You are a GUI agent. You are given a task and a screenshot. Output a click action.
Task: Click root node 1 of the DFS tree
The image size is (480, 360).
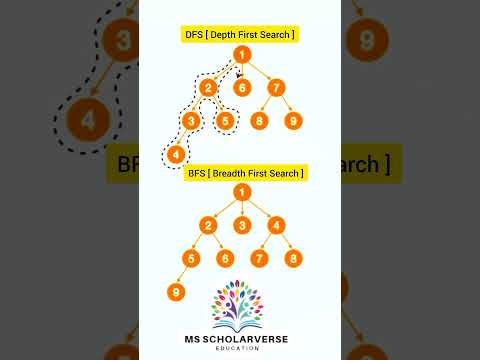(240, 55)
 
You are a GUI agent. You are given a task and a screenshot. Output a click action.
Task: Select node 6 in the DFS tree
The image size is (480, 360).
(240, 87)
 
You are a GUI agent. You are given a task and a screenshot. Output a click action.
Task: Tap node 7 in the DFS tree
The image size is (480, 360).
(276, 87)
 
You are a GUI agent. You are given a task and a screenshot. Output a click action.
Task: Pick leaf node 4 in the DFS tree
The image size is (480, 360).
(176, 155)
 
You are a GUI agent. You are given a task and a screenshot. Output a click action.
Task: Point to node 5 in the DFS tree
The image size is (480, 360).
(225, 121)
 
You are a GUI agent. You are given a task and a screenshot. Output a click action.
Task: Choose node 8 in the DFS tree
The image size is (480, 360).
(259, 121)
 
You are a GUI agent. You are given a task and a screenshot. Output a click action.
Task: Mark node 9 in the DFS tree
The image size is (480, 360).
(293, 121)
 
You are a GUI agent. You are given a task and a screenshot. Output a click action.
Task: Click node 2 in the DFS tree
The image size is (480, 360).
(208, 87)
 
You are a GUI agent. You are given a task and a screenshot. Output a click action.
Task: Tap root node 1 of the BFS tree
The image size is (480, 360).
(240, 192)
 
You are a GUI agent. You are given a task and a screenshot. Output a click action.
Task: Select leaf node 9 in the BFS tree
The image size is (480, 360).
(176, 293)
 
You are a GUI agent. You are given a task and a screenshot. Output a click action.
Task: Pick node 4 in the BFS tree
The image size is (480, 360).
(276, 225)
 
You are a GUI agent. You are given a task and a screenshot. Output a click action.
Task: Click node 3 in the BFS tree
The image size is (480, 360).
(240, 225)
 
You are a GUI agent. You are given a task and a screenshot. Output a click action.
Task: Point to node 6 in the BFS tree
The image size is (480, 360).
(225, 259)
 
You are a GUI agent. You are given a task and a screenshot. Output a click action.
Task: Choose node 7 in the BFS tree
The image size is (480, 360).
(259, 259)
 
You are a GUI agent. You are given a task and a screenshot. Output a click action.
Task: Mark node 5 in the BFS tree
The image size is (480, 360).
(191, 259)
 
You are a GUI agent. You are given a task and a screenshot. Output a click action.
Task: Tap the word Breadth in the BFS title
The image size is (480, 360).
(234, 173)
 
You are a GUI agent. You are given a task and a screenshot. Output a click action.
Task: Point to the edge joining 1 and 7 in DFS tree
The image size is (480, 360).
(258, 71)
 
